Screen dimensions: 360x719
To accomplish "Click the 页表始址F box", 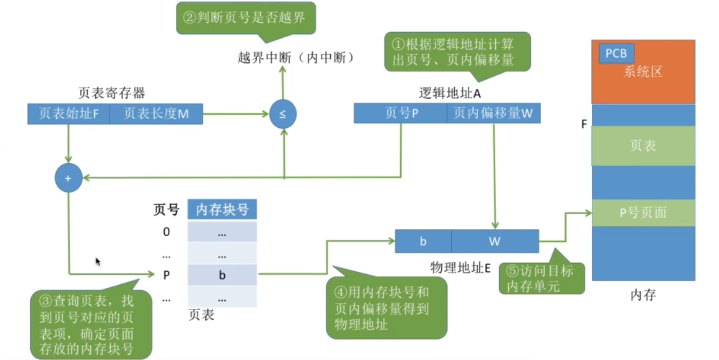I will point(69,114).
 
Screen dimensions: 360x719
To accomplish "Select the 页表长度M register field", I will point(156,114).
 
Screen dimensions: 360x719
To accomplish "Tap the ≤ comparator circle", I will point(283,114).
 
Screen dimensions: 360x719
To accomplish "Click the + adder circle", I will point(68,178).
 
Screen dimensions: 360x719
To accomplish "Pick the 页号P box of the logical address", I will point(400,113).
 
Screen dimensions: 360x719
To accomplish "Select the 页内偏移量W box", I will point(493,113).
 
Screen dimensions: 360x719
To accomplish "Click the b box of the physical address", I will point(423,242).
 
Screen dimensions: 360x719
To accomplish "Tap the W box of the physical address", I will point(495,242).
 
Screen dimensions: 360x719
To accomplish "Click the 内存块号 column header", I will point(222,210).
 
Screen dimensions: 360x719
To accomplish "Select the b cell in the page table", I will point(222,275).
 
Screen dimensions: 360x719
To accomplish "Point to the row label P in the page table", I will point(166,275).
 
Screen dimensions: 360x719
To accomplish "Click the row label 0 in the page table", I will point(166,232).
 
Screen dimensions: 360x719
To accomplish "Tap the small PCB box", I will point(616,54).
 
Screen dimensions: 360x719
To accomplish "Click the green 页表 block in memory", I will point(643,146).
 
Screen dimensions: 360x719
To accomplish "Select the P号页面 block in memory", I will point(643,213).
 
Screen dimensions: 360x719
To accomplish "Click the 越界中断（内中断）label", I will point(296,58).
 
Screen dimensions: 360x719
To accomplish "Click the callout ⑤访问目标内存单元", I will point(542,278).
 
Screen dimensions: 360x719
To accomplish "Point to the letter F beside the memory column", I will point(584,125).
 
